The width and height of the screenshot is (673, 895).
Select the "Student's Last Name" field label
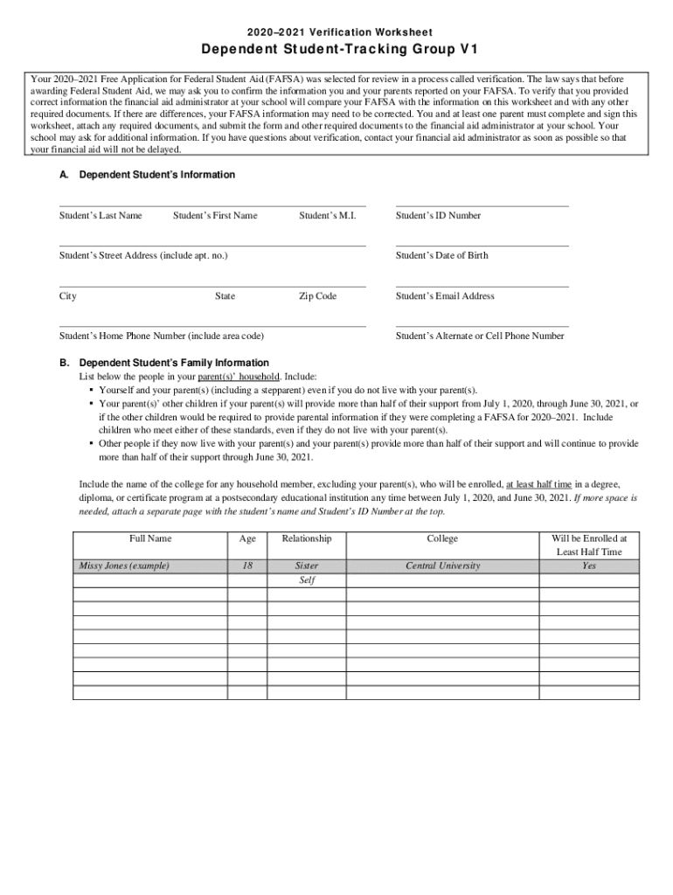(x=101, y=216)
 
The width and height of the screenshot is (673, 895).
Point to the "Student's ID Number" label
(x=438, y=216)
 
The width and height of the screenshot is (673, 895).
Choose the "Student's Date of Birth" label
(x=442, y=256)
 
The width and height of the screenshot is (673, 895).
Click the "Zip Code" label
(x=317, y=296)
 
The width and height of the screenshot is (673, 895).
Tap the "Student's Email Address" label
(x=445, y=296)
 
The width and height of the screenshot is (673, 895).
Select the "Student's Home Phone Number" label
(x=162, y=336)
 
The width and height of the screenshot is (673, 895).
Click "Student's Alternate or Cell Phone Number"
(x=480, y=336)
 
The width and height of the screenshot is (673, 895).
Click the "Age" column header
(x=247, y=539)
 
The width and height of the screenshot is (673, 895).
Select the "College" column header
(x=442, y=539)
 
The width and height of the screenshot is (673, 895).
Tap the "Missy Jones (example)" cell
(x=124, y=566)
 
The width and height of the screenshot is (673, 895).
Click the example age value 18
(x=247, y=566)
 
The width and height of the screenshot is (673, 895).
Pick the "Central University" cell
(x=442, y=566)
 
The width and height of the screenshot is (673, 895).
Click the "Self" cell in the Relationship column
(x=307, y=580)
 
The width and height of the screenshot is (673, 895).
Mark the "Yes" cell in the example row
(x=589, y=566)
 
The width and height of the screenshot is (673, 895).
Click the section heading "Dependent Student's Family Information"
(x=174, y=363)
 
